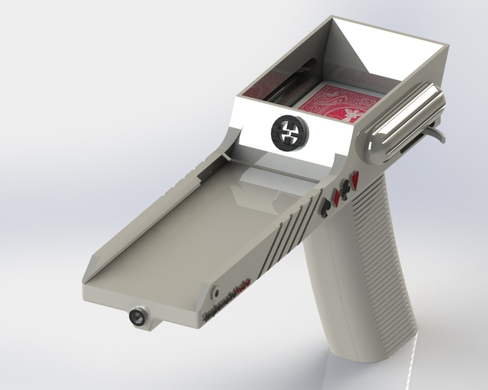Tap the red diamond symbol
click(x=336, y=196)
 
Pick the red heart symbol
click(x=356, y=180)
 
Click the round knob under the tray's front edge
click(x=139, y=316)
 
